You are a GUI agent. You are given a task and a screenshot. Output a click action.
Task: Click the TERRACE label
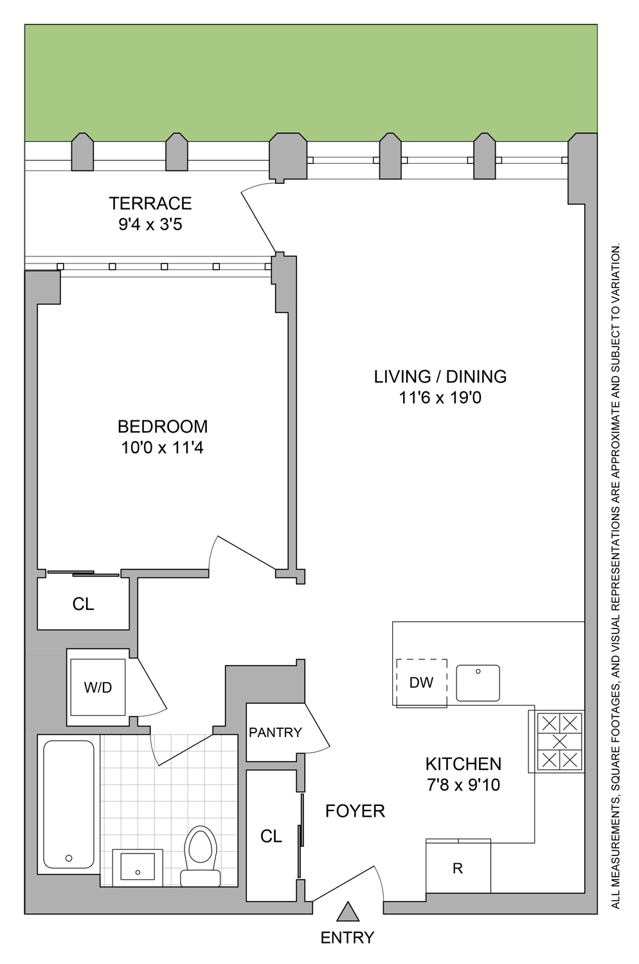[150, 203]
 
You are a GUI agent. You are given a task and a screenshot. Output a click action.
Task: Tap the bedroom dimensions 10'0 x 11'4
[162, 448]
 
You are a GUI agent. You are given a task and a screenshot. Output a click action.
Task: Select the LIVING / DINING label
[440, 377]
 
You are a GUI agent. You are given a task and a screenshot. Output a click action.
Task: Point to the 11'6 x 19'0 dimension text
[440, 398]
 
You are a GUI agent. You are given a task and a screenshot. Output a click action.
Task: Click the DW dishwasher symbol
[422, 683]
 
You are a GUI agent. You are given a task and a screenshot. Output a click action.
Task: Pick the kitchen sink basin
[478, 683]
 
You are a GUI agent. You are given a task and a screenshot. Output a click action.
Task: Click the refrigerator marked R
[458, 868]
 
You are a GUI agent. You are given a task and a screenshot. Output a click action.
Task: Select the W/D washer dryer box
[98, 687]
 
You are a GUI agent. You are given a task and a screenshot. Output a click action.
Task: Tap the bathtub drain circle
[69, 858]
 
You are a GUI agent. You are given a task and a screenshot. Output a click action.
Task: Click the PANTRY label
[275, 733]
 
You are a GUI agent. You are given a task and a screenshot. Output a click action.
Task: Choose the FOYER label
[355, 811]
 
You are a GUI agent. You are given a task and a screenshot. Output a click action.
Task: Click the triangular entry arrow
[348, 913]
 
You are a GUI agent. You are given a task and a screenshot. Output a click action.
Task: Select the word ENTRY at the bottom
[347, 938]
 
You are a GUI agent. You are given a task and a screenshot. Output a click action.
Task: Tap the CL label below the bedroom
[83, 604]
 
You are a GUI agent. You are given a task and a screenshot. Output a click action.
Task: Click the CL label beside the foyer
[271, 836]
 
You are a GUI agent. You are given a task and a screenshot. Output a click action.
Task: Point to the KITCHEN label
[463, 764]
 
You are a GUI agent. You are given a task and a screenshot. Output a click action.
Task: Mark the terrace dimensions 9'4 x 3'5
[150, 224]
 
